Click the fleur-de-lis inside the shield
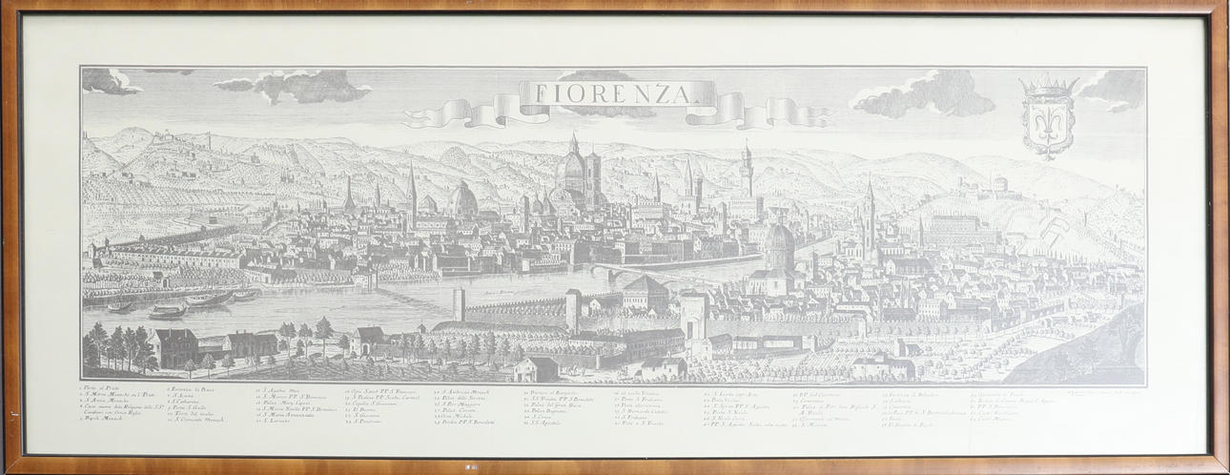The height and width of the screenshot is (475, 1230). [x=1048, y=119]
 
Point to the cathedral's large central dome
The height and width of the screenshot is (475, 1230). [x=573, y=172]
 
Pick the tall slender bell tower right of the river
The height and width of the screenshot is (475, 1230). [x=869, y=219]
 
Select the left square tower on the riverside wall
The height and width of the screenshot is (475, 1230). [x=459, y=304]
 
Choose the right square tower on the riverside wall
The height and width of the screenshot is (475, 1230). [x=573, y=309]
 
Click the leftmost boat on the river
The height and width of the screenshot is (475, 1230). [x=120, y=307]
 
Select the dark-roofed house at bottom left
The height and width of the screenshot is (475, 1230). [x=174, y=345]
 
